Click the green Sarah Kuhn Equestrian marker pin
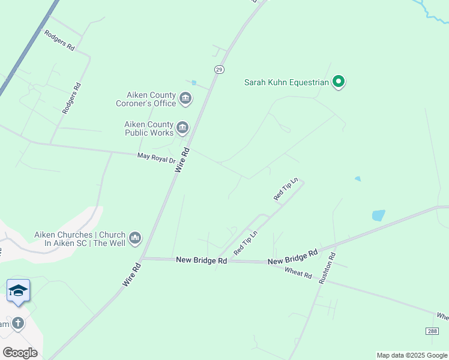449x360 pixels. click(x=339, y=82)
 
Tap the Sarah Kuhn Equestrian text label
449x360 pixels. click(x=286, y=82)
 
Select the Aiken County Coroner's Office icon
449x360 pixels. click(x=185, y=98)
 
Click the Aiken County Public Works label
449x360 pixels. click(x=148, y=128)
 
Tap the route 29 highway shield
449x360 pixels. click(x=219, y=70)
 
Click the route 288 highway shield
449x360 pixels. click(x=432, y=331)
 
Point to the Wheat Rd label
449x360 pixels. click(x=299, y=275)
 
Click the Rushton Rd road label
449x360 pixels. click(x=328, y=268)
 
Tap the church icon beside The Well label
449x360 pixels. click(x=135, y=238)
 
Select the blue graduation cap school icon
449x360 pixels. click(x=18, y=291)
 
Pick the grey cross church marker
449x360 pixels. click(x=18, y=323)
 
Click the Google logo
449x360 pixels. click(x=20, y=353)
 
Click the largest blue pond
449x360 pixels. click(x=378, y=215)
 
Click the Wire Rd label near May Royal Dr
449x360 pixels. click(x=182, y=160)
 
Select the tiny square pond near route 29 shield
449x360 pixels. click(x=193, y=83)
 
